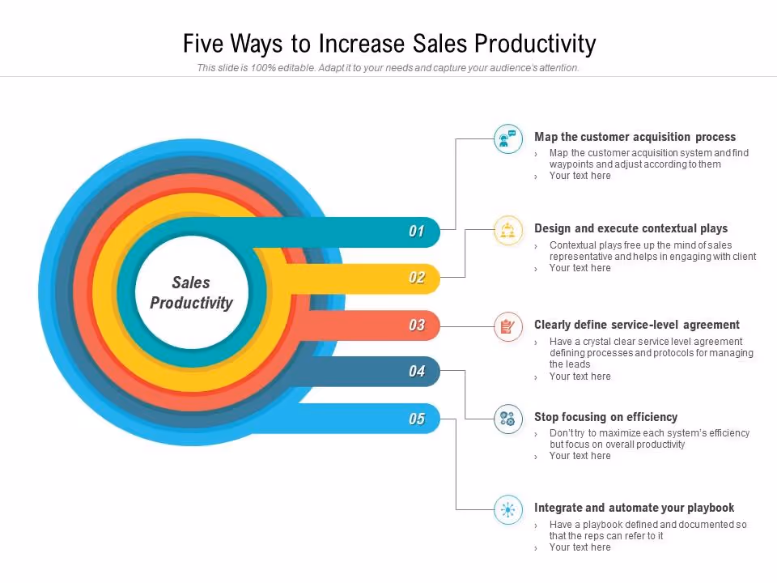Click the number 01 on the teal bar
pos(416,232)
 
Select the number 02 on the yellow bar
pos(416,279)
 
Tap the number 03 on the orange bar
pos(416,326)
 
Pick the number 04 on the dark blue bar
pos(416,372)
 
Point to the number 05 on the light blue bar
pos(416,419)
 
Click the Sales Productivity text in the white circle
pos(191,293)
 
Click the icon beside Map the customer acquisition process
pos(507,138)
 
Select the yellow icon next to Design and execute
pos(507,231)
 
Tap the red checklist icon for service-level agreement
pos(507,326)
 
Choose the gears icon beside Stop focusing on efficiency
pos(507,419)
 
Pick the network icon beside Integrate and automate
pos(507,509)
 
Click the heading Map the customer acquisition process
pos(635,137)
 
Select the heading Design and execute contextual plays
pos(631,228)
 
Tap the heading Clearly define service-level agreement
pos(636,325)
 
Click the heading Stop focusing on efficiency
pos(605,417)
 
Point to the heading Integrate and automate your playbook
pos(634,508)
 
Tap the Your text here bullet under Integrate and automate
pos(580,547)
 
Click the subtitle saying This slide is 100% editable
pos(388,68)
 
